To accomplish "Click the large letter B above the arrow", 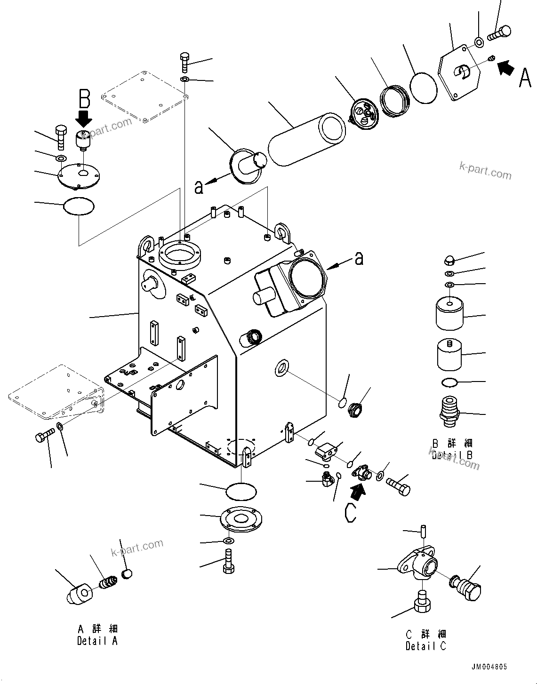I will point(84,99).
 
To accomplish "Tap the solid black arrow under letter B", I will point(84,118).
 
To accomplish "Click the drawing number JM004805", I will point(488,667).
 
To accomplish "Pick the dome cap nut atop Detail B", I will point(449,260).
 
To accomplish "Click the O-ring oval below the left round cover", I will point(79,207).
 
